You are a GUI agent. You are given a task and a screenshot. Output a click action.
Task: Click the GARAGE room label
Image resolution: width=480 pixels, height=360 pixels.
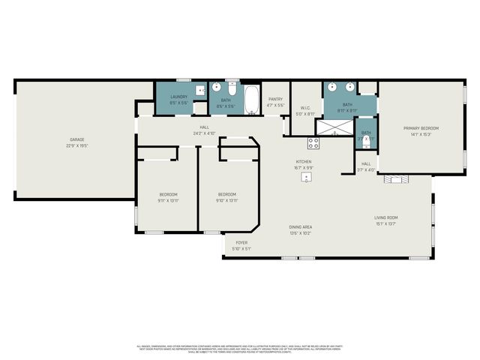pos(76,139)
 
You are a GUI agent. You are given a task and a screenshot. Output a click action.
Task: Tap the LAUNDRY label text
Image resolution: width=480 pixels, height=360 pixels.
pos(178,97)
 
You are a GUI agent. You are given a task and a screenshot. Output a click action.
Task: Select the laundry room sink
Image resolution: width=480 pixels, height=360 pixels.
pos(200,91)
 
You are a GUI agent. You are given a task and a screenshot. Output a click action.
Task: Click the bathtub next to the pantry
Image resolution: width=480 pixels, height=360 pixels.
pos(251,97)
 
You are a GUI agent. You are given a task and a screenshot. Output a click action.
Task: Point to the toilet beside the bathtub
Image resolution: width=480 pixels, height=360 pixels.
pos(232,89)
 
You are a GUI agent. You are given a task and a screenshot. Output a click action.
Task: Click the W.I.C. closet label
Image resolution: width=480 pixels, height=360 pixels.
pos(306,108)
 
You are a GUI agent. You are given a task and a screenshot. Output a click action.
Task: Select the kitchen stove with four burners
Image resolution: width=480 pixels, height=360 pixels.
pos(311,142)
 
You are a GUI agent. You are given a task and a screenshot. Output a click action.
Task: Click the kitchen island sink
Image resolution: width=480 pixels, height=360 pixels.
pos(316,178)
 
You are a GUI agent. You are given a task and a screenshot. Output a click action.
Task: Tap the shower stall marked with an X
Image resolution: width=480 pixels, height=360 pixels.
pos(328,127)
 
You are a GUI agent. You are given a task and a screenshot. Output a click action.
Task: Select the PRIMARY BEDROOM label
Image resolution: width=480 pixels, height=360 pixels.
pos(420,128)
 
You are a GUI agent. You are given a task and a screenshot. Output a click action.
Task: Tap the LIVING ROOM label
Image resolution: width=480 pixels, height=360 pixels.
pos(386,217)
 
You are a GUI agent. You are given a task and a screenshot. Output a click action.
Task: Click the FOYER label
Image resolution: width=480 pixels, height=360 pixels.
pos(241,242)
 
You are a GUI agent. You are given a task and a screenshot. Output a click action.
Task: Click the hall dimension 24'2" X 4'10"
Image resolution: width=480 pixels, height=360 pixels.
pos(204,133)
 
